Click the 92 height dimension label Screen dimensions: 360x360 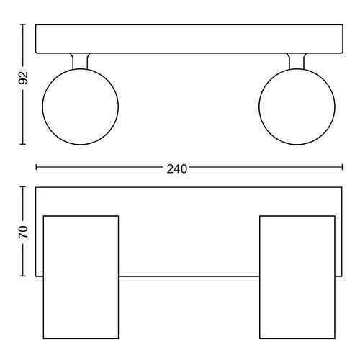click(23, 78)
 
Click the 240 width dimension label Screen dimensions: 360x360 click(177, 169)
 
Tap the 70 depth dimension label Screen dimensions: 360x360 click(23, 232)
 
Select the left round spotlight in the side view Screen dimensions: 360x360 click(81, 107)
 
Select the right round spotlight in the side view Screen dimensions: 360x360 click(297, 107)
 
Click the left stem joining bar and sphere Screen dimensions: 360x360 click(81, 61)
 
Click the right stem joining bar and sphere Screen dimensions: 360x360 click(297, 61)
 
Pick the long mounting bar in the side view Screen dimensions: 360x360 click(189, 39)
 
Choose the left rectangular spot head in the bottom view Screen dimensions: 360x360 click(81, 277)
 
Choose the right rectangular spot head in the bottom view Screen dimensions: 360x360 click(297, 277)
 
